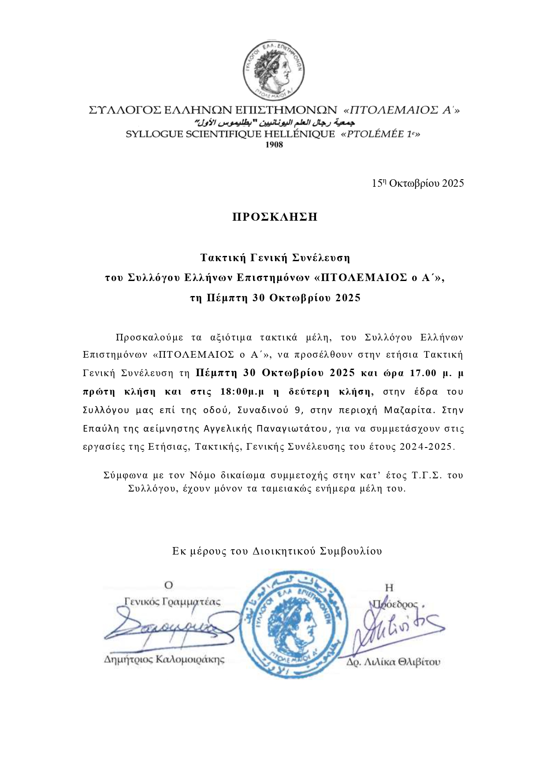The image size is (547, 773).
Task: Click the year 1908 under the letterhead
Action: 274,144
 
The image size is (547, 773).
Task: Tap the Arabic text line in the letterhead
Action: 274,122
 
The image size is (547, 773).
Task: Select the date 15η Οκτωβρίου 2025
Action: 417,183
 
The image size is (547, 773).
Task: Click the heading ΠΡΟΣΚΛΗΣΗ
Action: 275,217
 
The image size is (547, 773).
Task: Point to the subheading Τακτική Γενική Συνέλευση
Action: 275,257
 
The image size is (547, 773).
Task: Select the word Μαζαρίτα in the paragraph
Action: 409,410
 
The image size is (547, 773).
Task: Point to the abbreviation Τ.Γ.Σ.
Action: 427,476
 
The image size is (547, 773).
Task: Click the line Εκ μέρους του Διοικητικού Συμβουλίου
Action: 277,551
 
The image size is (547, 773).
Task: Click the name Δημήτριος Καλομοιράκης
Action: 164,659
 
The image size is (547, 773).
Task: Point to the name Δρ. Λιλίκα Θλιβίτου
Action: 393,662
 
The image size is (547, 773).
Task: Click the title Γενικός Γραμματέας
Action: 172,602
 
